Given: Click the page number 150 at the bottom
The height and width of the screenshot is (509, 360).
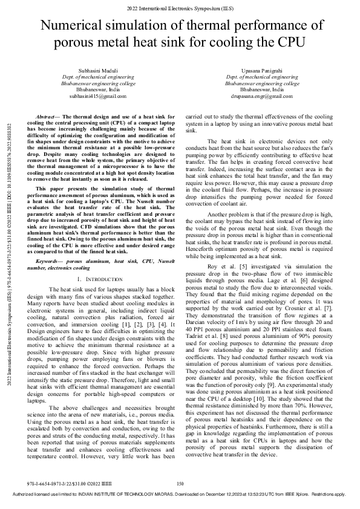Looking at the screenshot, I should tap(180, 484).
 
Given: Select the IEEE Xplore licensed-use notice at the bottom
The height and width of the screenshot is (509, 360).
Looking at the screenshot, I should tap(180, 494).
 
